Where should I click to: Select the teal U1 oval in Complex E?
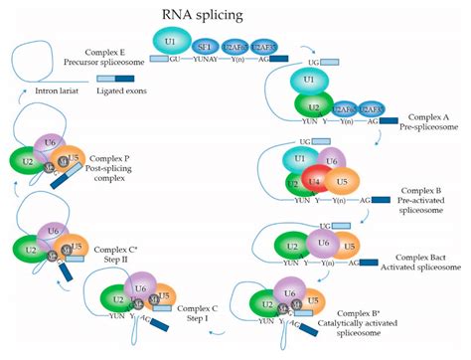(171, 40)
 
